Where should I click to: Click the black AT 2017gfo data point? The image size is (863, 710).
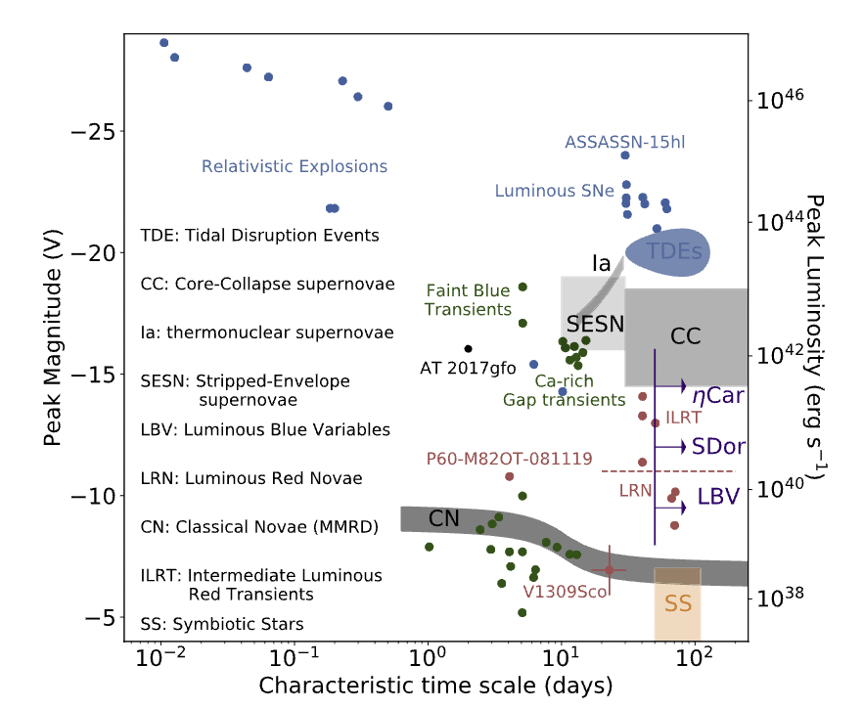coord(469,348)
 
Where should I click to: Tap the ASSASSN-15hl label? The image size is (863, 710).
coord(625,142)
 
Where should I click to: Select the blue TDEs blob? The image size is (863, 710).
coord(667,251)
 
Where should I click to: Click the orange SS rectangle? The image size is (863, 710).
coord(677,604)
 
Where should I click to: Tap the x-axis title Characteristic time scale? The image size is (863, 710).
coord(436,687)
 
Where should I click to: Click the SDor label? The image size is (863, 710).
coord(720,446)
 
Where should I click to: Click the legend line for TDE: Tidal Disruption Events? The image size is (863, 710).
coord(259,236)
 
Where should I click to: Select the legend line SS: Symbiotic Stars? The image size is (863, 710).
coord(222,624)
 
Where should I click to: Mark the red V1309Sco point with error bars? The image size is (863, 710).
coord(610,569)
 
